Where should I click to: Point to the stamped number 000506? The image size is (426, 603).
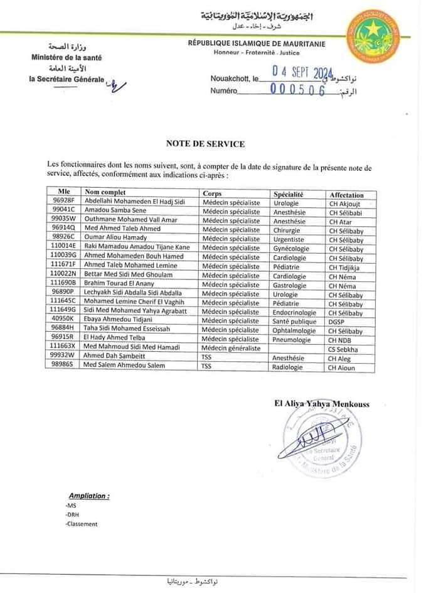tap(297, 90)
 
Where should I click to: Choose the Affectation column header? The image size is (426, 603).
tap(346, 195)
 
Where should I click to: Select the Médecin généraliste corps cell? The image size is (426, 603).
tap(231, 348)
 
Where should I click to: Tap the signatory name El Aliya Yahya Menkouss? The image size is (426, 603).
tap(321, 405)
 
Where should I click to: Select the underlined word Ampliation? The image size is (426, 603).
tap(89, 496)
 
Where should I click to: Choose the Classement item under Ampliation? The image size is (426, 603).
tap(82, 524)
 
